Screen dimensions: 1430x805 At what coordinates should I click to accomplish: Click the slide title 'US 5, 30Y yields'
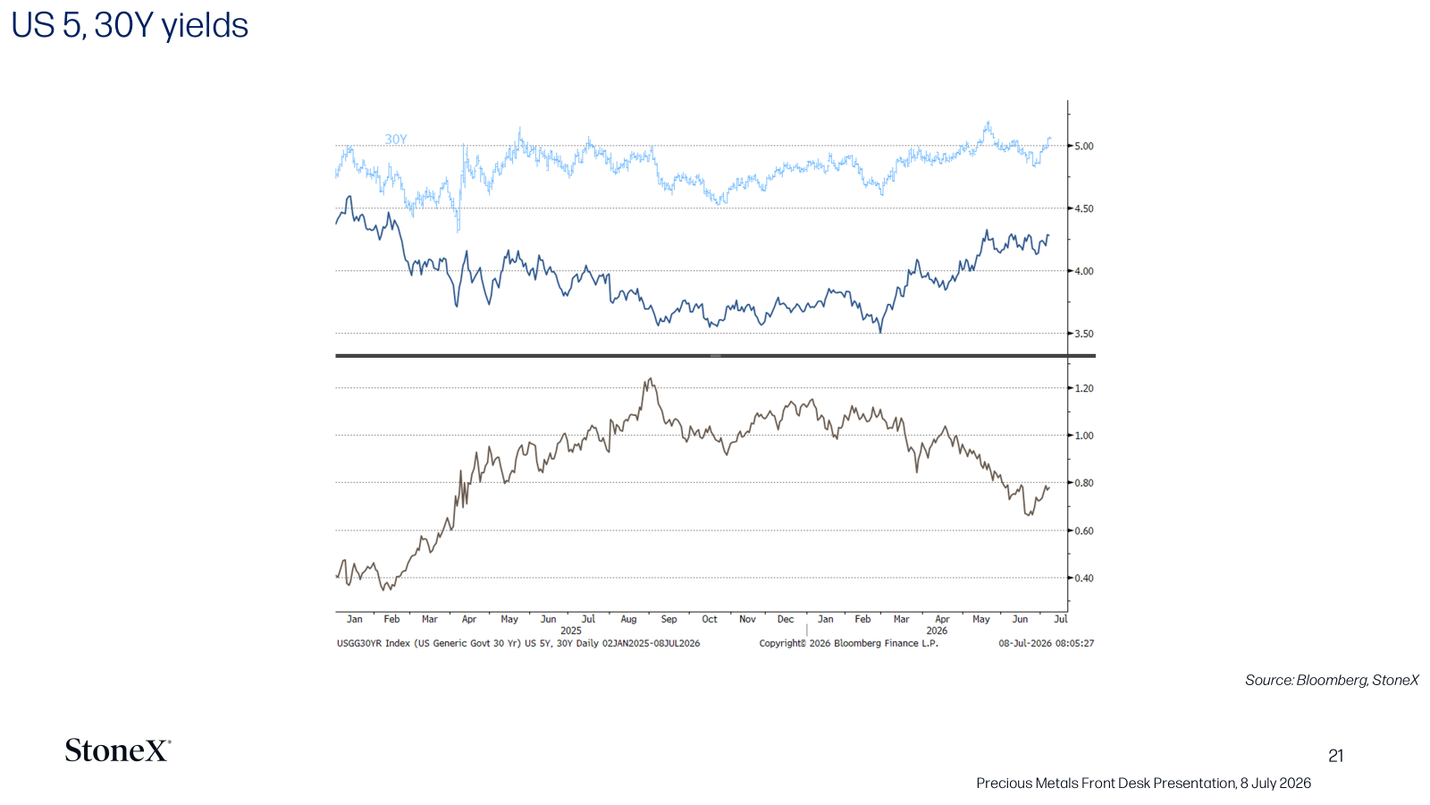130,26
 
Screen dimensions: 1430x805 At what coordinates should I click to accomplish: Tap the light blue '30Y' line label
396,140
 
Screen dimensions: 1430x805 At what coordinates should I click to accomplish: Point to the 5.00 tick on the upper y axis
1084,147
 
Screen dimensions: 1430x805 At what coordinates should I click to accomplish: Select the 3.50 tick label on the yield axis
1084,335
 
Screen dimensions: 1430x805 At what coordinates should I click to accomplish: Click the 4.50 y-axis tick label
1084,209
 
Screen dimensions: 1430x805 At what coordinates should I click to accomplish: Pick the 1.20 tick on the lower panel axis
1084,388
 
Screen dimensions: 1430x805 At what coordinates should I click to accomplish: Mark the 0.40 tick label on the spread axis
1084,578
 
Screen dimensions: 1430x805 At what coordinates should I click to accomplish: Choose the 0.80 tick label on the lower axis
1084,483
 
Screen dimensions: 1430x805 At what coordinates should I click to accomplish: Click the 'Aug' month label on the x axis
629,619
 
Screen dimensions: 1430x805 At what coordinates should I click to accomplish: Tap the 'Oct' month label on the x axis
710,619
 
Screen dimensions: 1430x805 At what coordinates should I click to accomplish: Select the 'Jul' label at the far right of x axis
1060,619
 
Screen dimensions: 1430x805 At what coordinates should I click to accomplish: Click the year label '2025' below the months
571,631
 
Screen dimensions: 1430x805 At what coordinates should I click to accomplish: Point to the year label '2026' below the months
937,631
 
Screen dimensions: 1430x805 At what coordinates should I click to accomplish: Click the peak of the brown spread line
651,378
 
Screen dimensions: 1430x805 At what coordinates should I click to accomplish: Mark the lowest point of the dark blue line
881,332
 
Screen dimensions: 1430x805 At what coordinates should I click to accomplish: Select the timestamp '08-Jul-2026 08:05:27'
1047,643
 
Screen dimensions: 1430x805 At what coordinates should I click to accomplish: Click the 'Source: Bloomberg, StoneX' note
1332,681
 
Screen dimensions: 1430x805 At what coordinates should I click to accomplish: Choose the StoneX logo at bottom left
118,750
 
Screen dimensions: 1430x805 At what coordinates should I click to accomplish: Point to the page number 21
1335,756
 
